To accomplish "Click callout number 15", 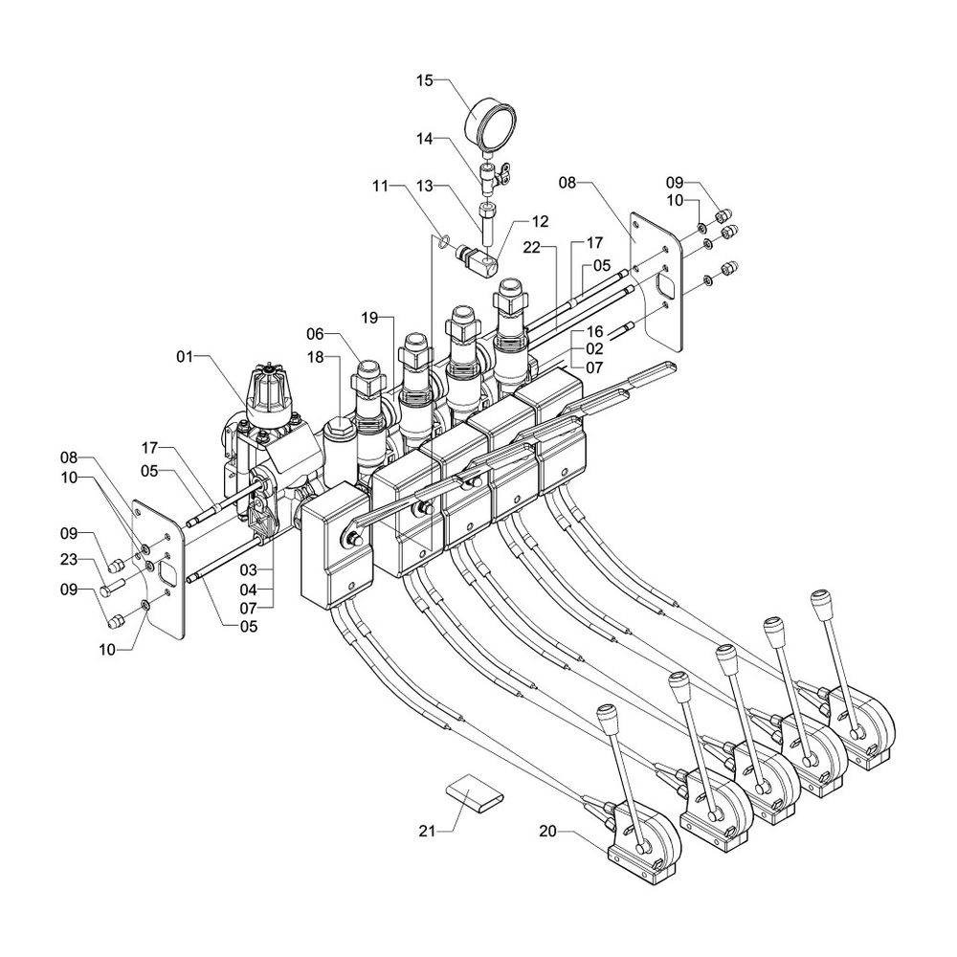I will pyautogui.click(x=424, y=81).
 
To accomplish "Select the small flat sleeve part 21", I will pyautogui.click(x=470, y=793).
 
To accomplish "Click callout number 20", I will pyautogui.click(x=548, y=833).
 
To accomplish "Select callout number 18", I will pyautogui.click(x=316, y=356).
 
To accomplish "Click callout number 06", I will pyautogui.click(x=317, y=333).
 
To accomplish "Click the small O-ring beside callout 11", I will pyautogui.click(x=442, y=240).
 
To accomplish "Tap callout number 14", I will pyautogui.click(x=424, y=140).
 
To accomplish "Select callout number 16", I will pyautogui.click(x=593, y=330).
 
